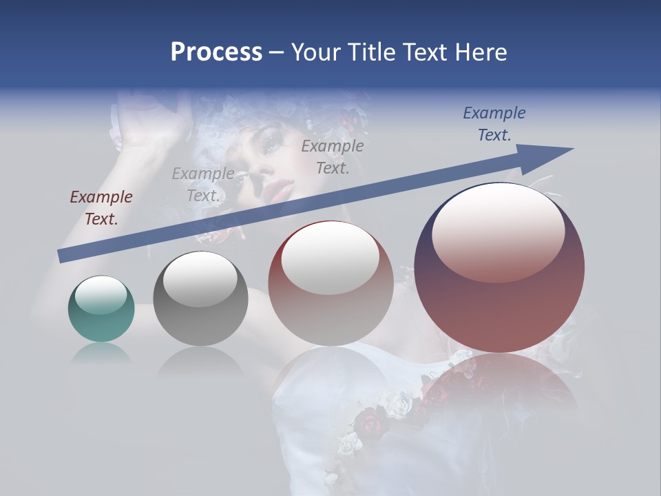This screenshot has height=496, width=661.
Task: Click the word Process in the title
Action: [216, 52]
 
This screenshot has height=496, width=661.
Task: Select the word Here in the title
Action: [481, 52]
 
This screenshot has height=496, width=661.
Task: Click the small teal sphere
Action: [101, 309]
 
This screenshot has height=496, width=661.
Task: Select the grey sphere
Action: [200, 298]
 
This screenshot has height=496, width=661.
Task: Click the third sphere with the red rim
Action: [330, 284]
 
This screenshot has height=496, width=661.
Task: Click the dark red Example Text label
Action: [101, 208]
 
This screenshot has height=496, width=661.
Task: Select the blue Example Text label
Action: [494, 124]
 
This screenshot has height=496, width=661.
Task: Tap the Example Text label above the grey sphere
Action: [203, 185]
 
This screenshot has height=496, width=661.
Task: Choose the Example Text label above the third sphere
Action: [333, 156]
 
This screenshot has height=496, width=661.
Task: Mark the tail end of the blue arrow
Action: [62, 256]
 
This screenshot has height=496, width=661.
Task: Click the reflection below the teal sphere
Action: [101, 354]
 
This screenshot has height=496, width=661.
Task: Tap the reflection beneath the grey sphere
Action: [200, 362]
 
